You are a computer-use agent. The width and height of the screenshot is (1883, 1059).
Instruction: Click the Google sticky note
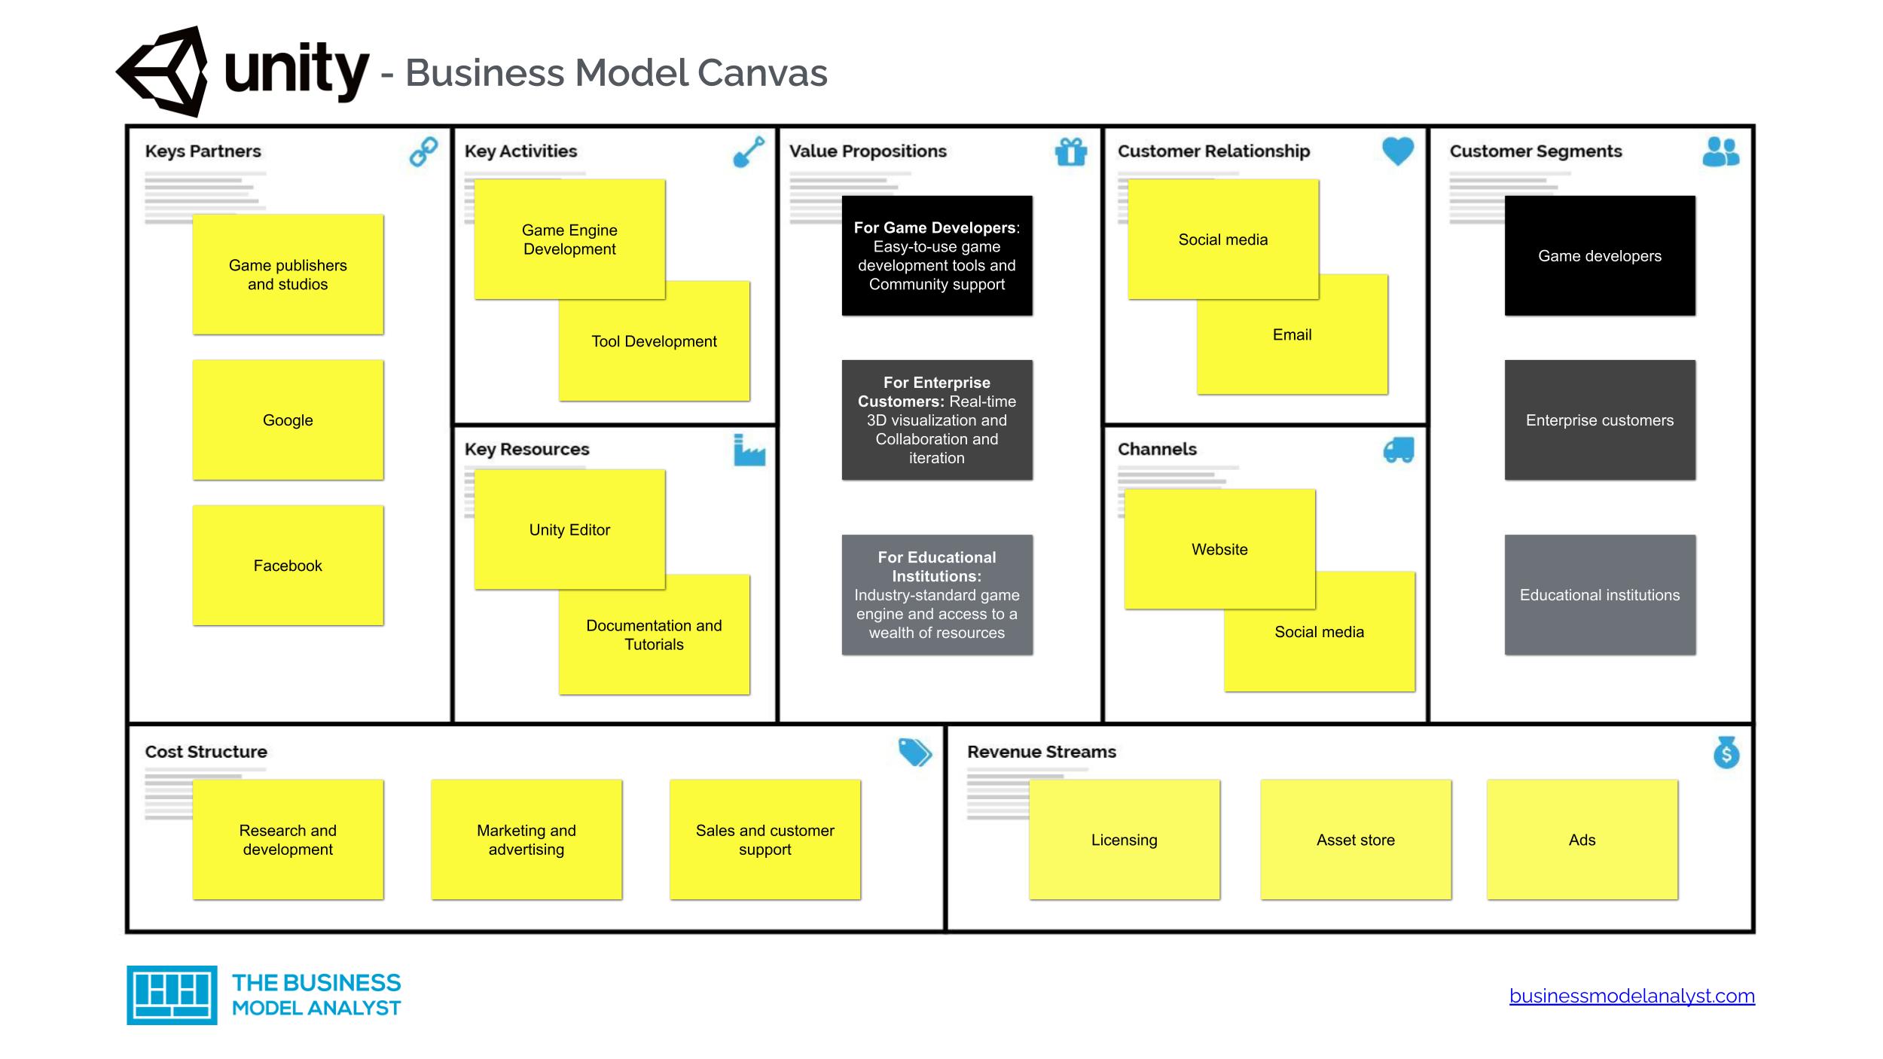[288, 420]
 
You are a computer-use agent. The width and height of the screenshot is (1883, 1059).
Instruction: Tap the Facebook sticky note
[288, 565]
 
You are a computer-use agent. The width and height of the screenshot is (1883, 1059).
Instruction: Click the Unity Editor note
[569, 529]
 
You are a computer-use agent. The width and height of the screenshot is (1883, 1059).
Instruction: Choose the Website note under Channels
[1219, 548]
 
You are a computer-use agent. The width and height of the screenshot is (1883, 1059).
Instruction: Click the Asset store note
[1356, 839]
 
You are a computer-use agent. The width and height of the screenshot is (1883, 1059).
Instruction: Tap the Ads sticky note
[1582, 839]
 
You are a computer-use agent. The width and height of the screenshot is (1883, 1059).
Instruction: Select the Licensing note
[1124, 839]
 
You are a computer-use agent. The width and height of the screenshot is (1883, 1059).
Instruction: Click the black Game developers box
[1600, 255]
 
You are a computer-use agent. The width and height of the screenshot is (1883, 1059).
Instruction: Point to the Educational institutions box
[1600, 594]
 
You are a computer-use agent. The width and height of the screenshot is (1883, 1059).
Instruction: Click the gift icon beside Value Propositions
[1071, 152]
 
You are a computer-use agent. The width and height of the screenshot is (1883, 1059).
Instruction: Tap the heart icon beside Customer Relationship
[1398, 151]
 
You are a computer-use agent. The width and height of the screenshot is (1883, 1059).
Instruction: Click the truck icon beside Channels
[1399, 450]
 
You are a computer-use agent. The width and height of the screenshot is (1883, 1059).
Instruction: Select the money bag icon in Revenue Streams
[1726, 752]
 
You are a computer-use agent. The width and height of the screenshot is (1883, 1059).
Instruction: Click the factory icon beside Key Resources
[749, 450]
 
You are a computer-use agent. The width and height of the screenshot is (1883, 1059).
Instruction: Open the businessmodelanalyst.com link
[1631, 996]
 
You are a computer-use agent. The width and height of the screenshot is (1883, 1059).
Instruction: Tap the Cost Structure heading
[206, 752]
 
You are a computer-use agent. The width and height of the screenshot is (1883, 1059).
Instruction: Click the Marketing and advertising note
[526, 839]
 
